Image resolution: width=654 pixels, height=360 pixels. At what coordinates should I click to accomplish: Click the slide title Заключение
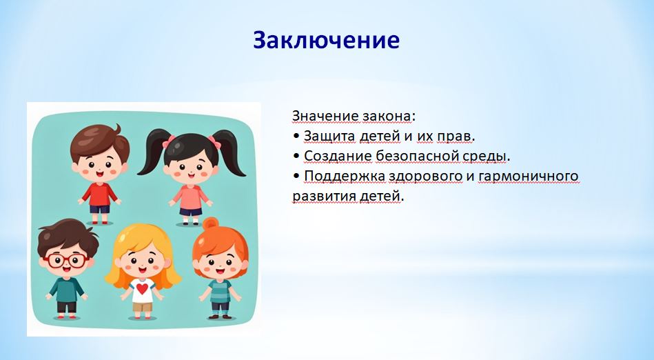pyautogui.click(x=326, y=41)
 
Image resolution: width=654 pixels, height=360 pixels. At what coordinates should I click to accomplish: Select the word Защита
pyautogui.click(x=329, y=136)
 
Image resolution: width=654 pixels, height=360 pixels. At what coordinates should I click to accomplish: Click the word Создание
pyautogui.click(x=338, y=156)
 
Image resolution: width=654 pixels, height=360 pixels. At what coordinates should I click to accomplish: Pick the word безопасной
pyautogui.click(x=417, y=156)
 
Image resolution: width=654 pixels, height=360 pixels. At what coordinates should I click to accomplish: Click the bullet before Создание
pyautogui.click(x=296, y=156)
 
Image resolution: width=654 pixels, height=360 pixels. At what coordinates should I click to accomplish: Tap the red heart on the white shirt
pyautogui.click(x=142, y=288)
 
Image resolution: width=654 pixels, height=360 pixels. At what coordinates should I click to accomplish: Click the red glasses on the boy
pyautogui.click(x=66, y=261)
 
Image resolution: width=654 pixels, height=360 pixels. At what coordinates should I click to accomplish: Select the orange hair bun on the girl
pyautogui.click(x=210, y=223)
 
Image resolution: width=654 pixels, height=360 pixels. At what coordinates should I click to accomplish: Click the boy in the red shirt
pyautogui.click(x=100, y=174)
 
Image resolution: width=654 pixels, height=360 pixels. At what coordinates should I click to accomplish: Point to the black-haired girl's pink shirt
pyautogui.click(x=191, y=197)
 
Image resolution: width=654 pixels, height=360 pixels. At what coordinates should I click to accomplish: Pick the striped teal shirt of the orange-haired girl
pyautogui.click(x=220, y=290)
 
